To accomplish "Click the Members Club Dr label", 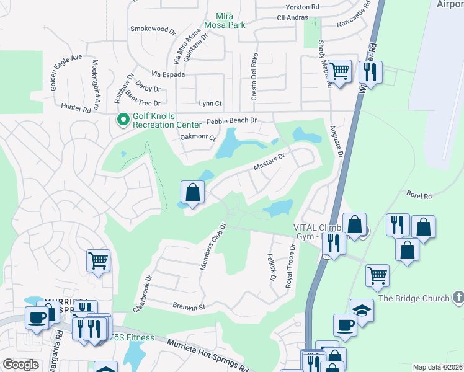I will (x=211, y=246).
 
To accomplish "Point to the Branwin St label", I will (x=190, y=307).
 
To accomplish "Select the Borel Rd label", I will (x=419, y=196).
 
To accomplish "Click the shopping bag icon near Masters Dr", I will (x=193, y=192).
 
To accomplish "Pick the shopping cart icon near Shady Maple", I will (x=339, y=71).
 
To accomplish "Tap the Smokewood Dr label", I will (x=149, y=29).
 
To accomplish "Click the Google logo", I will (x=20, y=365).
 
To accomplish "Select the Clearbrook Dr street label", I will (x=142, y=293).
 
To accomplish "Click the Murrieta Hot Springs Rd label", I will (x=207, y=355).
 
